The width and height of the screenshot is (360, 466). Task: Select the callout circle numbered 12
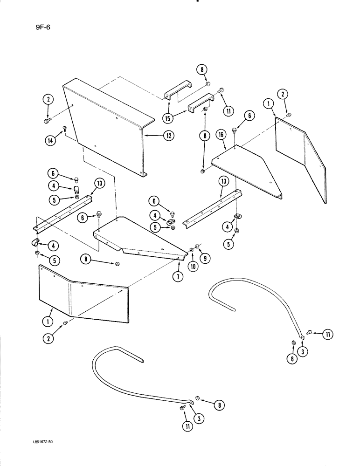168,136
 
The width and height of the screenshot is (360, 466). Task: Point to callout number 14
48,139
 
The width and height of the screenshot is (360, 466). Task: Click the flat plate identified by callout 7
140,238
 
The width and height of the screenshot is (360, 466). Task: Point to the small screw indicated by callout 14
64,128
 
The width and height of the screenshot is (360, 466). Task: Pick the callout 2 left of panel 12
48,99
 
